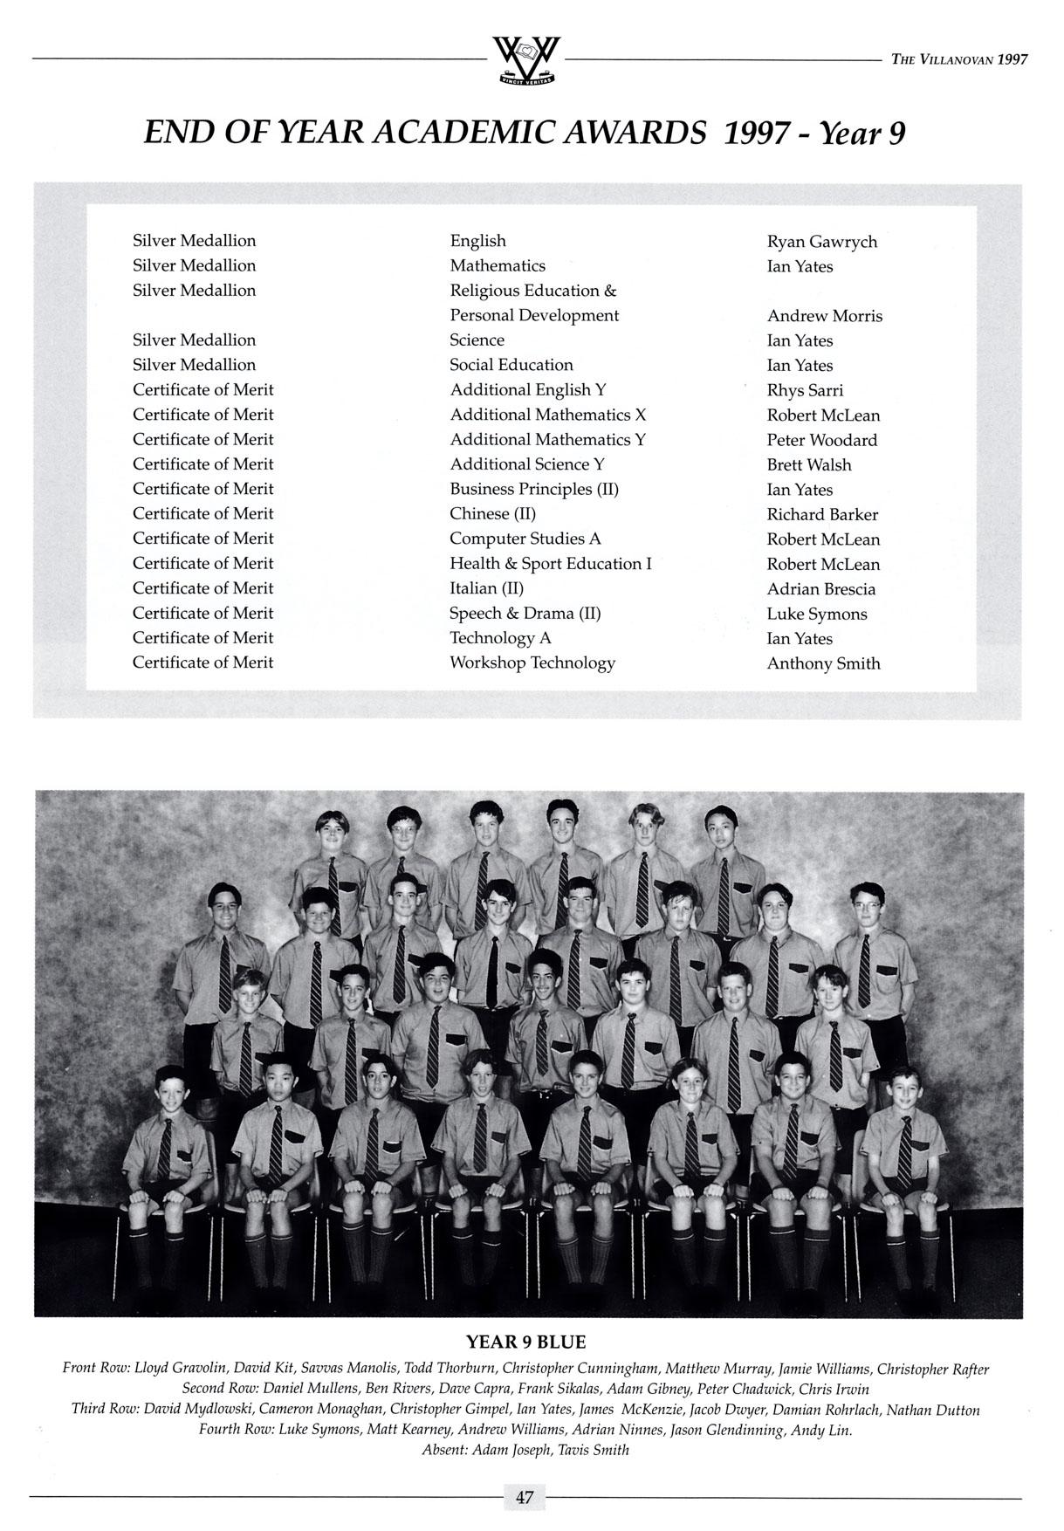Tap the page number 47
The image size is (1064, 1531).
(x=525, y=1497)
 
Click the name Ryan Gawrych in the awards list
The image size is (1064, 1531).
(x=821, y=242)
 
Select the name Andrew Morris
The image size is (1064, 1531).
(x=824, y=316)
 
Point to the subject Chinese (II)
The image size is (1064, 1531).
(x=492, y=514)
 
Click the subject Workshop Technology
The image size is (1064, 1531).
(x=532, y=663)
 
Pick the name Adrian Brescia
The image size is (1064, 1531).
(x=820, y=589)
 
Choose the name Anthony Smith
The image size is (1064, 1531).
(x=823, y=663)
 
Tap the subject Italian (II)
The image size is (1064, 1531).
(x=486, y=588)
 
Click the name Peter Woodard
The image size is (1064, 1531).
(x=821, y=440)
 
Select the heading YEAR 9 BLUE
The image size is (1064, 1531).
(x=525, y=1342)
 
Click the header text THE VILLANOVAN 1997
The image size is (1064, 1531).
(x=959, y=59)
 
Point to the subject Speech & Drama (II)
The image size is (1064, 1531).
(x=525, y=613)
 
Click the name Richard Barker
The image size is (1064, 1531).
(x=822, y=515)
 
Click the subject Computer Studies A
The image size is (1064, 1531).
(x=525, y=539)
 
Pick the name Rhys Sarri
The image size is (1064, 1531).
(x=805, y=390)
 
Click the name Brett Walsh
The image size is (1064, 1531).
(x=808, y=465)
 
